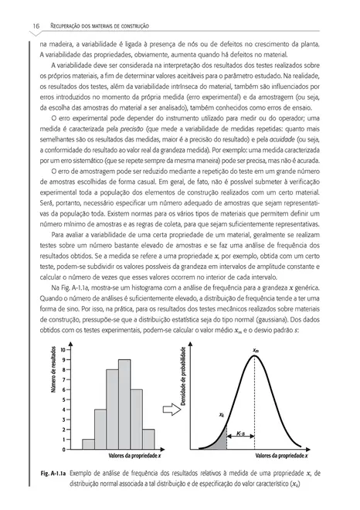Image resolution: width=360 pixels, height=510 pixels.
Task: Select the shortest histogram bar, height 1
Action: pyautogui.click(x=88, y=443)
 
